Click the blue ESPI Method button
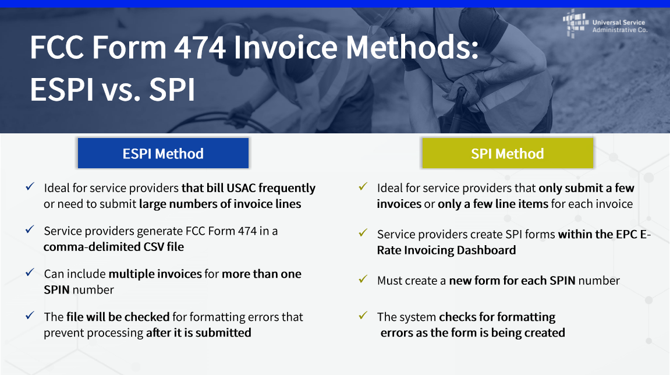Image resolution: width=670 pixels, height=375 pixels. point(163,153)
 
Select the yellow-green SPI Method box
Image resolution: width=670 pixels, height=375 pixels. point(508,153)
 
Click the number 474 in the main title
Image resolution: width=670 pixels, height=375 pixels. point(200,47)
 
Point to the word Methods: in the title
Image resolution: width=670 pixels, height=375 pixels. point(412,47)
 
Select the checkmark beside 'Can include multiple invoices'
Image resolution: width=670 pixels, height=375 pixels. point(30,273)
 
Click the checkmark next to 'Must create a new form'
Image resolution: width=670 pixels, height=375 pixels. point(363,280)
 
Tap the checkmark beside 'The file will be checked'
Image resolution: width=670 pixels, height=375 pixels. point(30,316)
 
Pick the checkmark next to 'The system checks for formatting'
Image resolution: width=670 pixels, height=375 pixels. point(363,316)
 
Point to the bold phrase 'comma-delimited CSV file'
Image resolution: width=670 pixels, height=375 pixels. point(114,247)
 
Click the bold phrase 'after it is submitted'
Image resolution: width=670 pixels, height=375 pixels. point(198,332)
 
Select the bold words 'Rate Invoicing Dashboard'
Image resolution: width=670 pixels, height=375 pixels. point(446,250)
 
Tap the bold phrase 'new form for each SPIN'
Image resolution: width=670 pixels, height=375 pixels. point(512,281)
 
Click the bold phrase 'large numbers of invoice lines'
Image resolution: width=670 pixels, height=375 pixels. point(220,204)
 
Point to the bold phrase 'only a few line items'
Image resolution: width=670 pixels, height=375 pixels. point(492,204)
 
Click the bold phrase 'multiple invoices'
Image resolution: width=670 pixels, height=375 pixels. point(155,274)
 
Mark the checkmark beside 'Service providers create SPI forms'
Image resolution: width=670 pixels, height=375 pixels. point(363,233)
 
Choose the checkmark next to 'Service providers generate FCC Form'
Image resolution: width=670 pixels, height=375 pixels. point(30,229)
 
